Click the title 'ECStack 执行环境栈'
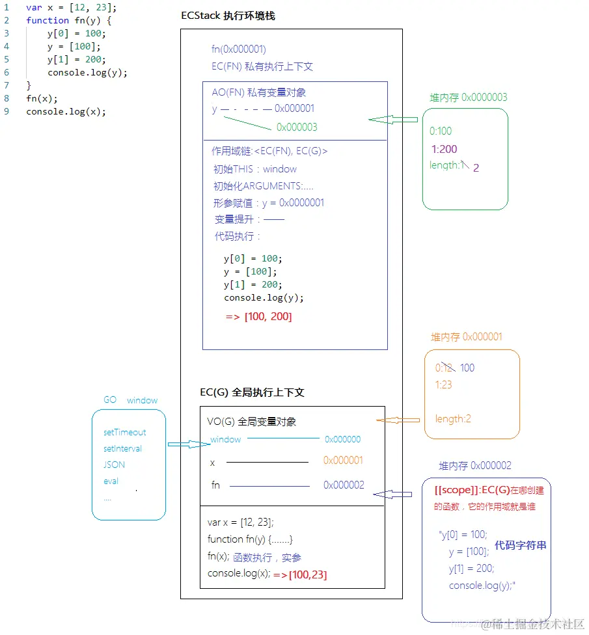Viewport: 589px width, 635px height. coord(228,16)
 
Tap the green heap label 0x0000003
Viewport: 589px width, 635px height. coord(468,98)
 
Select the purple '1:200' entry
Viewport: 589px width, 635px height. coord(444,149)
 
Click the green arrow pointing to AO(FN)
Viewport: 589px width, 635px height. coord(393,120)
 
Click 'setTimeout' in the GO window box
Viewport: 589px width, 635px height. coord(124,432)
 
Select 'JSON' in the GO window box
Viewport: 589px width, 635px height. coord(114,465)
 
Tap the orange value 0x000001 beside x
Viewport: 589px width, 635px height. coord(343,461)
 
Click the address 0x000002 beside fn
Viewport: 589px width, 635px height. coord(344,485)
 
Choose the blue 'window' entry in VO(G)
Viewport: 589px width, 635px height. coord(226,440)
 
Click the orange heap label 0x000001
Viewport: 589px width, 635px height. coord(466,337)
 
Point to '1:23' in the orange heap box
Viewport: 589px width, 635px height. coord(444,385)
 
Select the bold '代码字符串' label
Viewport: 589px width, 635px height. coord(520,545)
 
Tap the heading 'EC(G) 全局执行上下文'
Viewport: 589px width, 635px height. coord(252,393)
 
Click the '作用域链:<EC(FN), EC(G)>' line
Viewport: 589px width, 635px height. coord(269,151)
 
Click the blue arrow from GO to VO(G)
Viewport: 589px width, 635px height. coord(187,444)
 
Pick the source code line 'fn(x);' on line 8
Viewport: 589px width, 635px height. coord(42,98)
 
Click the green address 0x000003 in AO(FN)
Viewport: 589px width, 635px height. coord(297,127)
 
